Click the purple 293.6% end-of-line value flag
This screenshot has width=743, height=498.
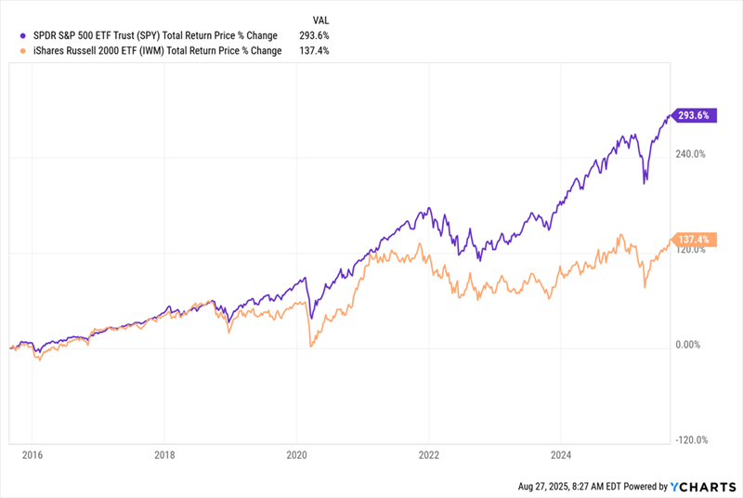tap(694, 117)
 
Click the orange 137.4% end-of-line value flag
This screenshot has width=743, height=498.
tap(694, 240)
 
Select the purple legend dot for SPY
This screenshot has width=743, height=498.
tap(10, 36)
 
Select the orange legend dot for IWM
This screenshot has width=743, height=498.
tap(10, 50)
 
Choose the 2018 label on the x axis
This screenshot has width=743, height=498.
tap(163, 457)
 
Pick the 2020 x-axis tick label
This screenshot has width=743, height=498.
tap(296, 457)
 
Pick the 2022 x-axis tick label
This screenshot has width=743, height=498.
tap(428, 457)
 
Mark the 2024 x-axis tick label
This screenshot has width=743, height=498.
tap(560, 457)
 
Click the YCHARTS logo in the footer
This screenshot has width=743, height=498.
tap(704, 486)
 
